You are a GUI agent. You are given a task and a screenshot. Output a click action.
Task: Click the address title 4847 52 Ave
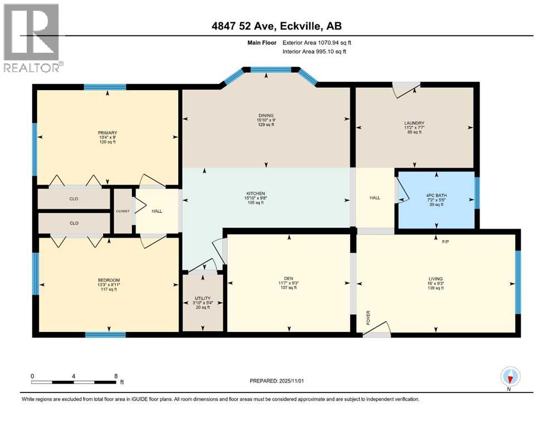276,25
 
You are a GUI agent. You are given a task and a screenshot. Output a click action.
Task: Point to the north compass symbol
510,377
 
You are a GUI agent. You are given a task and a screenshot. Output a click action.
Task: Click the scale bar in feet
74,382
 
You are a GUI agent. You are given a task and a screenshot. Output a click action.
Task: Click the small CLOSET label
123,211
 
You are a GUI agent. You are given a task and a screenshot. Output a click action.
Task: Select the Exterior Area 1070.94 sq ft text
317,42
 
